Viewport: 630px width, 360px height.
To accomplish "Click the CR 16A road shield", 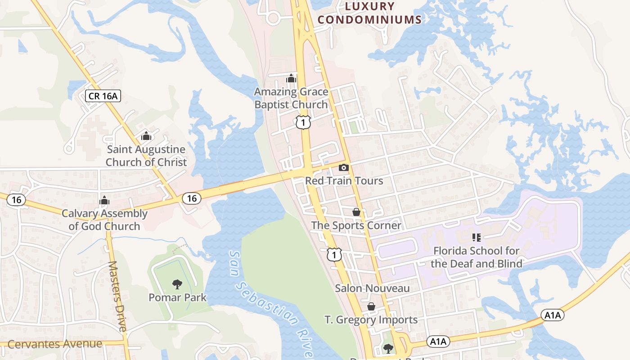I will coord(103,95).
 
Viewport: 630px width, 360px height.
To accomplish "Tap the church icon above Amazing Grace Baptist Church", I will coord(291,78).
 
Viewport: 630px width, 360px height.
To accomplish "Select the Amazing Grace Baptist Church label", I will coord(291,98).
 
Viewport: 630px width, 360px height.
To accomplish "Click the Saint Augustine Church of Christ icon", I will coord(146,135).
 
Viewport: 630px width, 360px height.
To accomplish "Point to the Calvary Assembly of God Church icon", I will coord(104,200).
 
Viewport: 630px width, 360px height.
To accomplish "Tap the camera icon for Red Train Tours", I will coord(344,167).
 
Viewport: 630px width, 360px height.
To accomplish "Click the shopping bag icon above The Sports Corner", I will coord(356,212).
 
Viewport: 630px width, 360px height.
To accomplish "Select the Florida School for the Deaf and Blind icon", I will coord(476,237).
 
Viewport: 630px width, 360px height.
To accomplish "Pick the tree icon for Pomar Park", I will coord(177,284).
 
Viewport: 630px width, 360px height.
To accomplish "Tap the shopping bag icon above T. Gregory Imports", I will coord(371,306).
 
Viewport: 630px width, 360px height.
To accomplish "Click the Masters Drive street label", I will coord(117,296).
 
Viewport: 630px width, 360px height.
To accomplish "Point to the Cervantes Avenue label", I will coord(55,344).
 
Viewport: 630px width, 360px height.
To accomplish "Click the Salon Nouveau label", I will coord(372,288).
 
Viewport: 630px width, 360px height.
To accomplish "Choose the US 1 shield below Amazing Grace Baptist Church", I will coord(303,122).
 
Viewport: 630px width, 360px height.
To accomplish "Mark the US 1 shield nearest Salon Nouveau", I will coord(334,255).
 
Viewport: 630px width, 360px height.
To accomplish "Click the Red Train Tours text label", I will coord(344,180).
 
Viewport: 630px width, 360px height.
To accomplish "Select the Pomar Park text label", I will coord(177,297).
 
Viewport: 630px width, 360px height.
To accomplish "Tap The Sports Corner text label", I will coord(356,225).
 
